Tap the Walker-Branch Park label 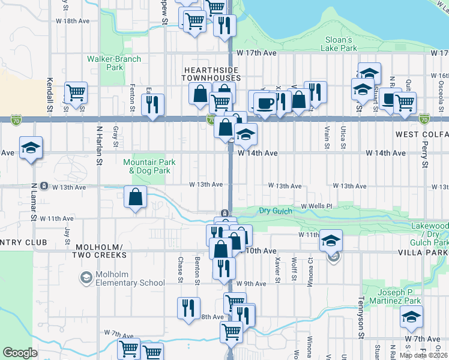(113, 63)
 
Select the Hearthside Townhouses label (211, 74)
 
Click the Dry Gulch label (276, 211)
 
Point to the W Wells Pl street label (316, 206)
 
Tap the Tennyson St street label (361, 315)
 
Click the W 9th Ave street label (251, 283)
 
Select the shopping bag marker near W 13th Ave (135, 196)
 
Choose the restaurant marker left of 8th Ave (188, 308)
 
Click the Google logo (20, 353)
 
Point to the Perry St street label (424, 155)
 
